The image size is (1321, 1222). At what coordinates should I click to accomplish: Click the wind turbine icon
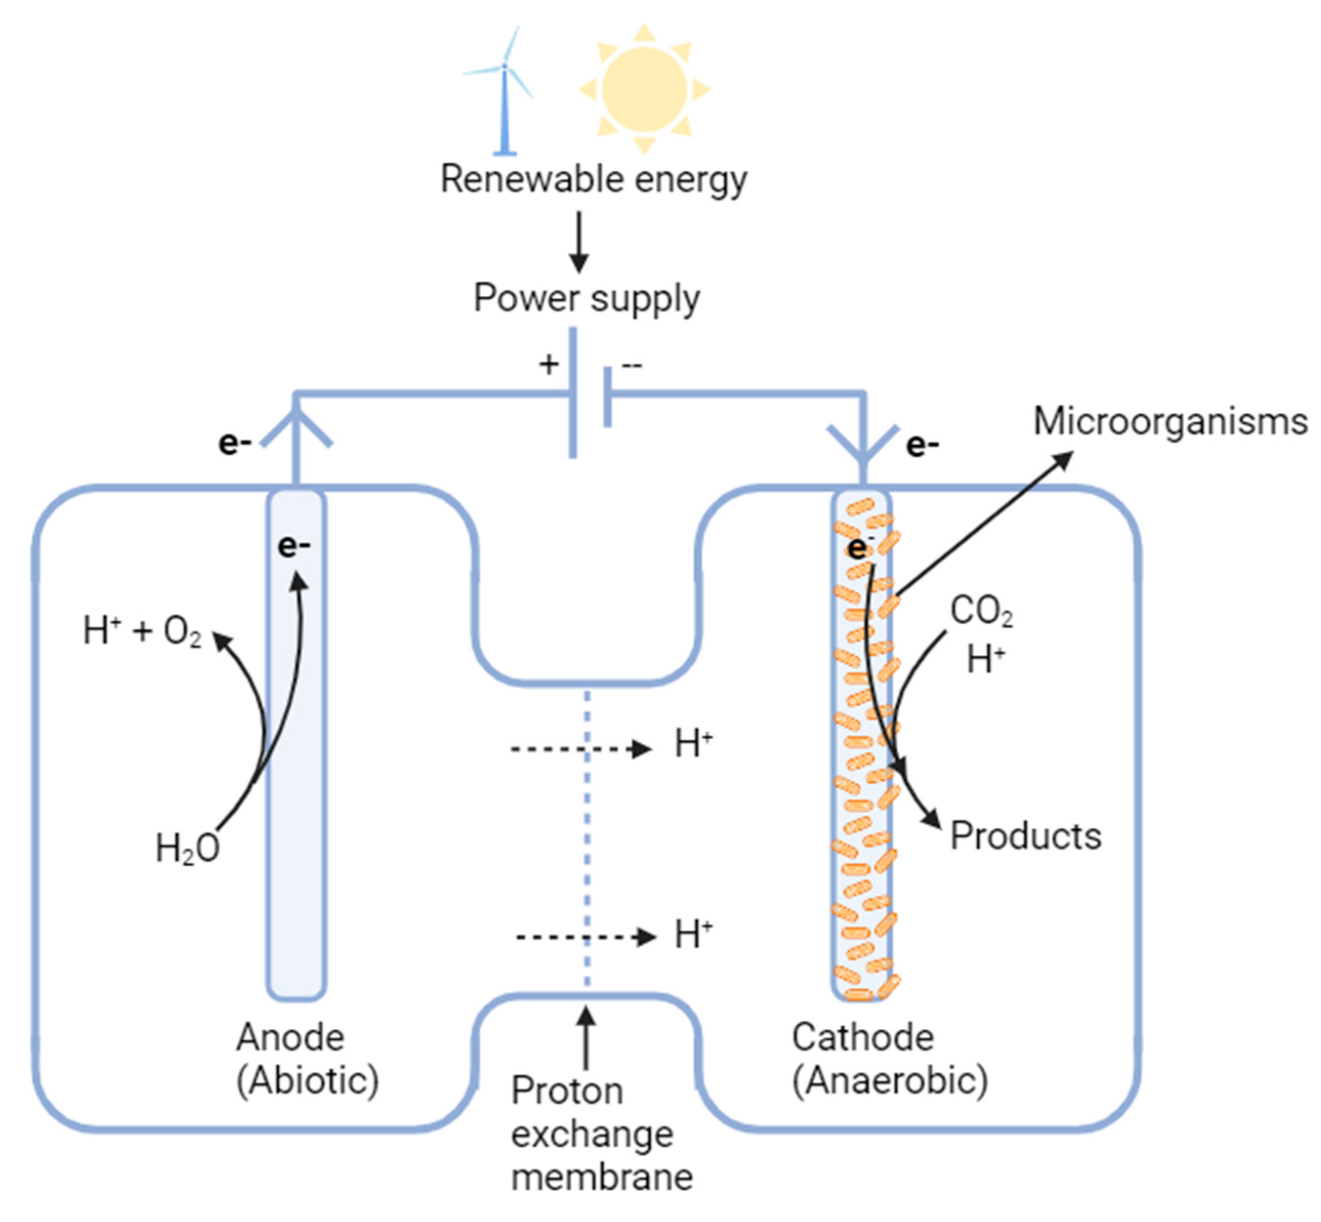(x=504, y=93)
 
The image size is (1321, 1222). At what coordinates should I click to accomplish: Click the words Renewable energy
(x=593, y=179)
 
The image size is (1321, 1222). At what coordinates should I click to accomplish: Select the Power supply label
(x=586, y=298)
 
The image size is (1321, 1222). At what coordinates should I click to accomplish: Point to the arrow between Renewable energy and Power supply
(x=579, y=242)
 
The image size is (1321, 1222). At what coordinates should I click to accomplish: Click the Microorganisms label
(x=1170, y=422)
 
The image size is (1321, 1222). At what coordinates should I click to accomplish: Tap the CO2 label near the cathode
(x=981, y=611)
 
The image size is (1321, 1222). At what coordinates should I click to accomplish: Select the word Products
(x=1025, y=836)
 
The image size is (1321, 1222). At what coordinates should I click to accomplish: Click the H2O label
(x=187, y=848)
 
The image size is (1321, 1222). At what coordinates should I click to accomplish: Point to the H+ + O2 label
(x=142, y=630)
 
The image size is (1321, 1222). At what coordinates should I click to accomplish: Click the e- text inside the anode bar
(x=294, y=546)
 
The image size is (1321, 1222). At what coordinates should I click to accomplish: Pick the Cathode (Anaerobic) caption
(x=889, y=1059)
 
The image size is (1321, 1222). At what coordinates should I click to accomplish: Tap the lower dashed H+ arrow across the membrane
(x=585, y=937)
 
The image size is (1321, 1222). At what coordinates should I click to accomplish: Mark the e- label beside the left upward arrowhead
(x=235, y=443)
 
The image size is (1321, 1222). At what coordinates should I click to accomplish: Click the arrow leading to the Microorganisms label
(x=982, y=522)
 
